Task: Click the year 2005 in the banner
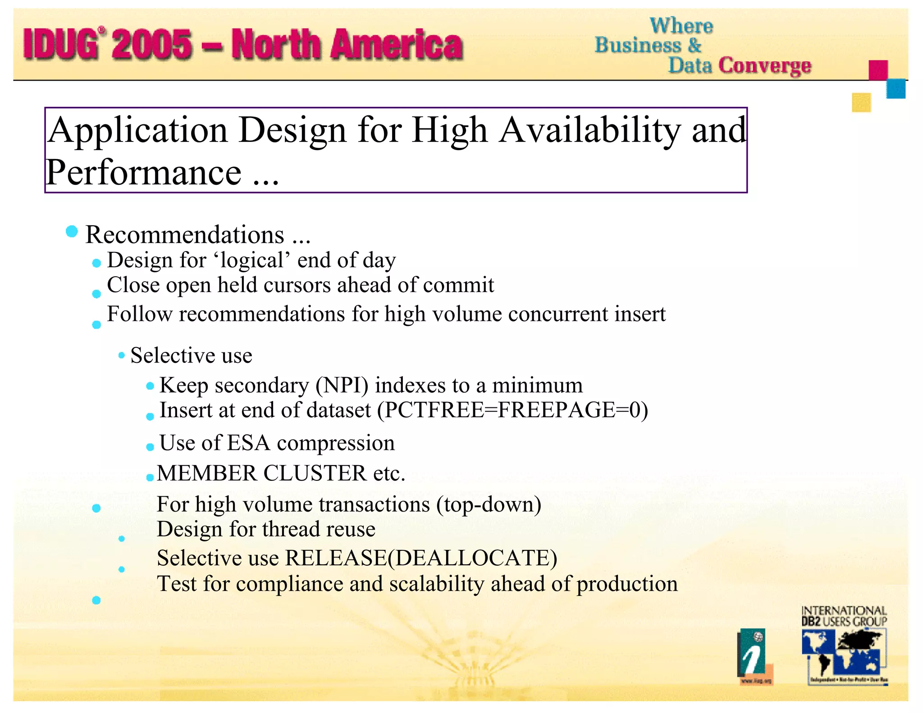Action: (x=152, y=44)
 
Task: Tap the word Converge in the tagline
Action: (x=765, y=65)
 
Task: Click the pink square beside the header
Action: (x=878, y=70)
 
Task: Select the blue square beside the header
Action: (x=896, y=88)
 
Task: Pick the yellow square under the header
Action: (x=861, y=102)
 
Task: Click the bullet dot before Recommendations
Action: (x=72, y=232)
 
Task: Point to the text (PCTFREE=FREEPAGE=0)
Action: (x=512, y=411)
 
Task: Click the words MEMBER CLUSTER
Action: (x=261, y=474)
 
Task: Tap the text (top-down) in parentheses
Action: (x=489, y=504)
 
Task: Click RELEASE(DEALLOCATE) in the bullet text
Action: (x=421, y=558)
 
